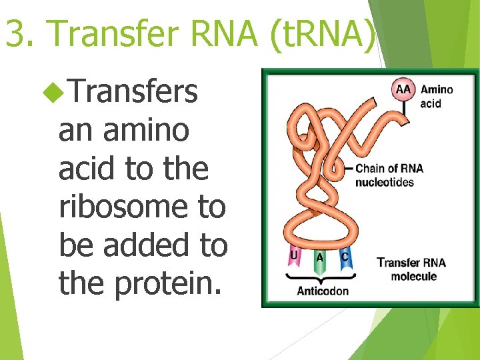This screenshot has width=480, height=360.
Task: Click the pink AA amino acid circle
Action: [x=404, y=90]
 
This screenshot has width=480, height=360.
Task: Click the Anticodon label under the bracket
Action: [x=322, y=291]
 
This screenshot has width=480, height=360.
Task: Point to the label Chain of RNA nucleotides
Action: [x=389, y=175]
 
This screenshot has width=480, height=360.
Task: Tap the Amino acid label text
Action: [x=437, y=96]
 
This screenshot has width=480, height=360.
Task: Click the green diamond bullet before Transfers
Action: [x=52, y=92]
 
